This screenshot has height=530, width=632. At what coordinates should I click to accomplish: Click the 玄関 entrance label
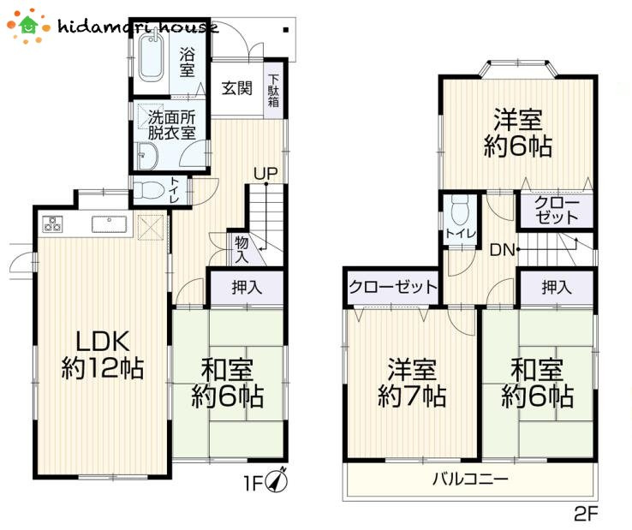[x=236, y=87]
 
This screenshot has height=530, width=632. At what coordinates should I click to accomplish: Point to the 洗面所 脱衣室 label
[x=172, y=125]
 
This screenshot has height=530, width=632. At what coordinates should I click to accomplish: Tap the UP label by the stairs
[x=265, y=174]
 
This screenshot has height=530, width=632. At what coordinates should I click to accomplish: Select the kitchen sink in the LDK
[x=108, y=226]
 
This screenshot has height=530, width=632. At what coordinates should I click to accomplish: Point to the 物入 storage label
[x=241, y=249]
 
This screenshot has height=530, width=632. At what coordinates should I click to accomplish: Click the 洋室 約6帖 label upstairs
[x=516, y=133]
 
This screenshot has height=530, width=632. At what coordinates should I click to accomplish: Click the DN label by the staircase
[x=502, y=250]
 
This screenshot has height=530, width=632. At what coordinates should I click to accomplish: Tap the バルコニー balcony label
[x=469, y=478]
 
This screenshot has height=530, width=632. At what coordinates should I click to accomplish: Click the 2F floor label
[x=585, y=514]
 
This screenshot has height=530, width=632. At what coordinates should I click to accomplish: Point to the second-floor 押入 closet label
[x=557, y=289]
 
